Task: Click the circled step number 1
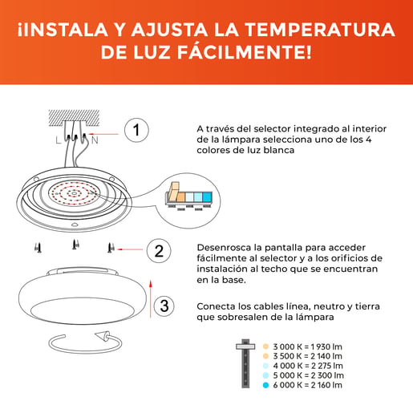click(x=136, y=130)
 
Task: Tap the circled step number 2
click(x=159, y=251)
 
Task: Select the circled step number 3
click(x=164, y=306)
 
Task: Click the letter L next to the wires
click(x=59, y=140)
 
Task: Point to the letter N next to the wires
click(x=95, y=140)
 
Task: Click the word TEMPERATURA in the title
click(x=320, y=30)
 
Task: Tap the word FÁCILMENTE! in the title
click(x=245, y=51)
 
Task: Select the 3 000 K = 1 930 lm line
click(x=307, y=346)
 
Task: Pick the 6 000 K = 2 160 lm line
click(x=307, y=385)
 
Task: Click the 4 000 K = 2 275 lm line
click(x=308, y=366)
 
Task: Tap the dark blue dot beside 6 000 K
click(x=265, y=385)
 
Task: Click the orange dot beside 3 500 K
click(x=265, y=356)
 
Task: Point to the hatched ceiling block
click(x=74, y=118)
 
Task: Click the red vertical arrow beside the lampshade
click(x=151, y=299)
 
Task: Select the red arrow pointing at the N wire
click(x=103, y=134)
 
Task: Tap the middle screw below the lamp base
click(x=75, y=245)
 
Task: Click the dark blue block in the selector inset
click(x=207, y=197)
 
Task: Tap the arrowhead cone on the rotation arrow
click(x=103, y=336)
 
